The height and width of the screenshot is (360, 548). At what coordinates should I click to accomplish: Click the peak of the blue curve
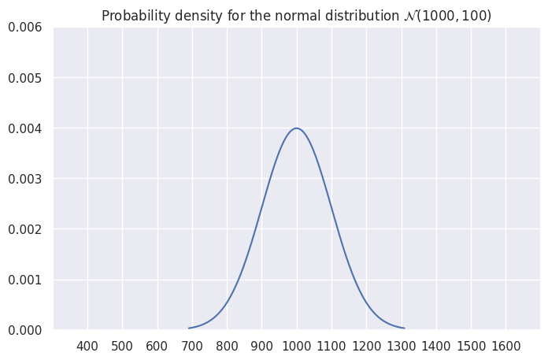pos(297,128)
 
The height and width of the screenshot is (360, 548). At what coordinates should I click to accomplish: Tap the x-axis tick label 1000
pos(297,346)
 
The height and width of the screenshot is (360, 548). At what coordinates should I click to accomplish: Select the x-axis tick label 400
pos(87,346)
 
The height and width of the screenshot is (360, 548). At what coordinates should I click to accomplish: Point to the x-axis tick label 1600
pos(505,346)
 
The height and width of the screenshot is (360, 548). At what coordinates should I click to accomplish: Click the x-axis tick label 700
pos(192,346)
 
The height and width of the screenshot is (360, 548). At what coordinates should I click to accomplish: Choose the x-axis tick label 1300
pos(402,346)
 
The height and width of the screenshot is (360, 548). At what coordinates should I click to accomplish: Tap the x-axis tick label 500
pos(122,346)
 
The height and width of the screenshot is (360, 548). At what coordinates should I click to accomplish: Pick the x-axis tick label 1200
pos(366,346)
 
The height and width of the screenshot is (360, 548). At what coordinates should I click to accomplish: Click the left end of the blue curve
pos(189,328)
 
